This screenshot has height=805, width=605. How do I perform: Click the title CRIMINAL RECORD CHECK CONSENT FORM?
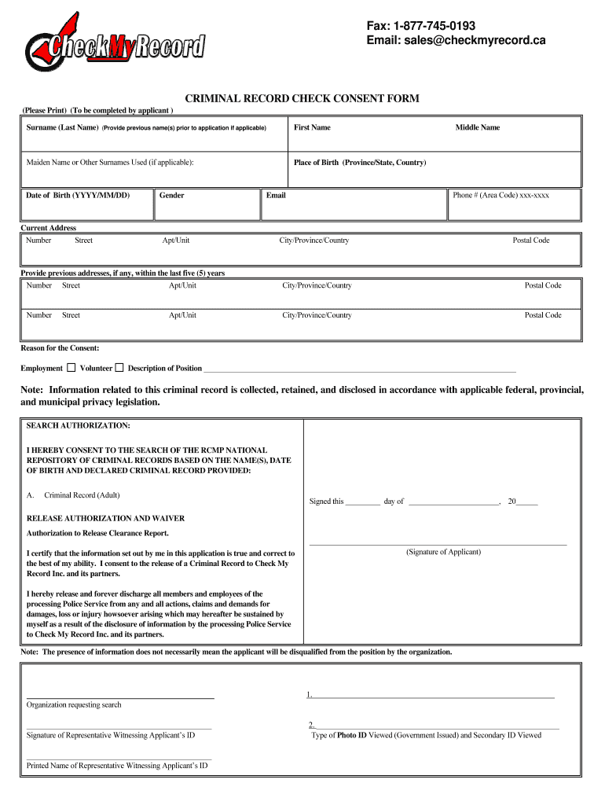point(302,99)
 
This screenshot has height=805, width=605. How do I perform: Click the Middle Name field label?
point(477,127)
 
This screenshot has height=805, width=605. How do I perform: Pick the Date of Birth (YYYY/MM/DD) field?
point(86,204)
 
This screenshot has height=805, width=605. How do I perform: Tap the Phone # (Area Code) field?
point(514,204)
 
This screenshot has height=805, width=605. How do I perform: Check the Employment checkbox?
point(71,367)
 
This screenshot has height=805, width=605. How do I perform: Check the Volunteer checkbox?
point(119,367)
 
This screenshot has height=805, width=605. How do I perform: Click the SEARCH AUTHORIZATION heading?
point(79,425)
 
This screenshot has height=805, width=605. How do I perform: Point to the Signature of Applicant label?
point(443,552)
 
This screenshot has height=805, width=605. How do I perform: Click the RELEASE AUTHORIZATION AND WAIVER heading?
point(106,519)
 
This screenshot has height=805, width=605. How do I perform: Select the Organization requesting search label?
point(74,704)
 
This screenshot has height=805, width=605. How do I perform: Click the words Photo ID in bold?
point(352,735)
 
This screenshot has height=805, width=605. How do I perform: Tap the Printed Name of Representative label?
point(117,765)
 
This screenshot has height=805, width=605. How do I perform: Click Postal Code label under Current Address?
point(531,240)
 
